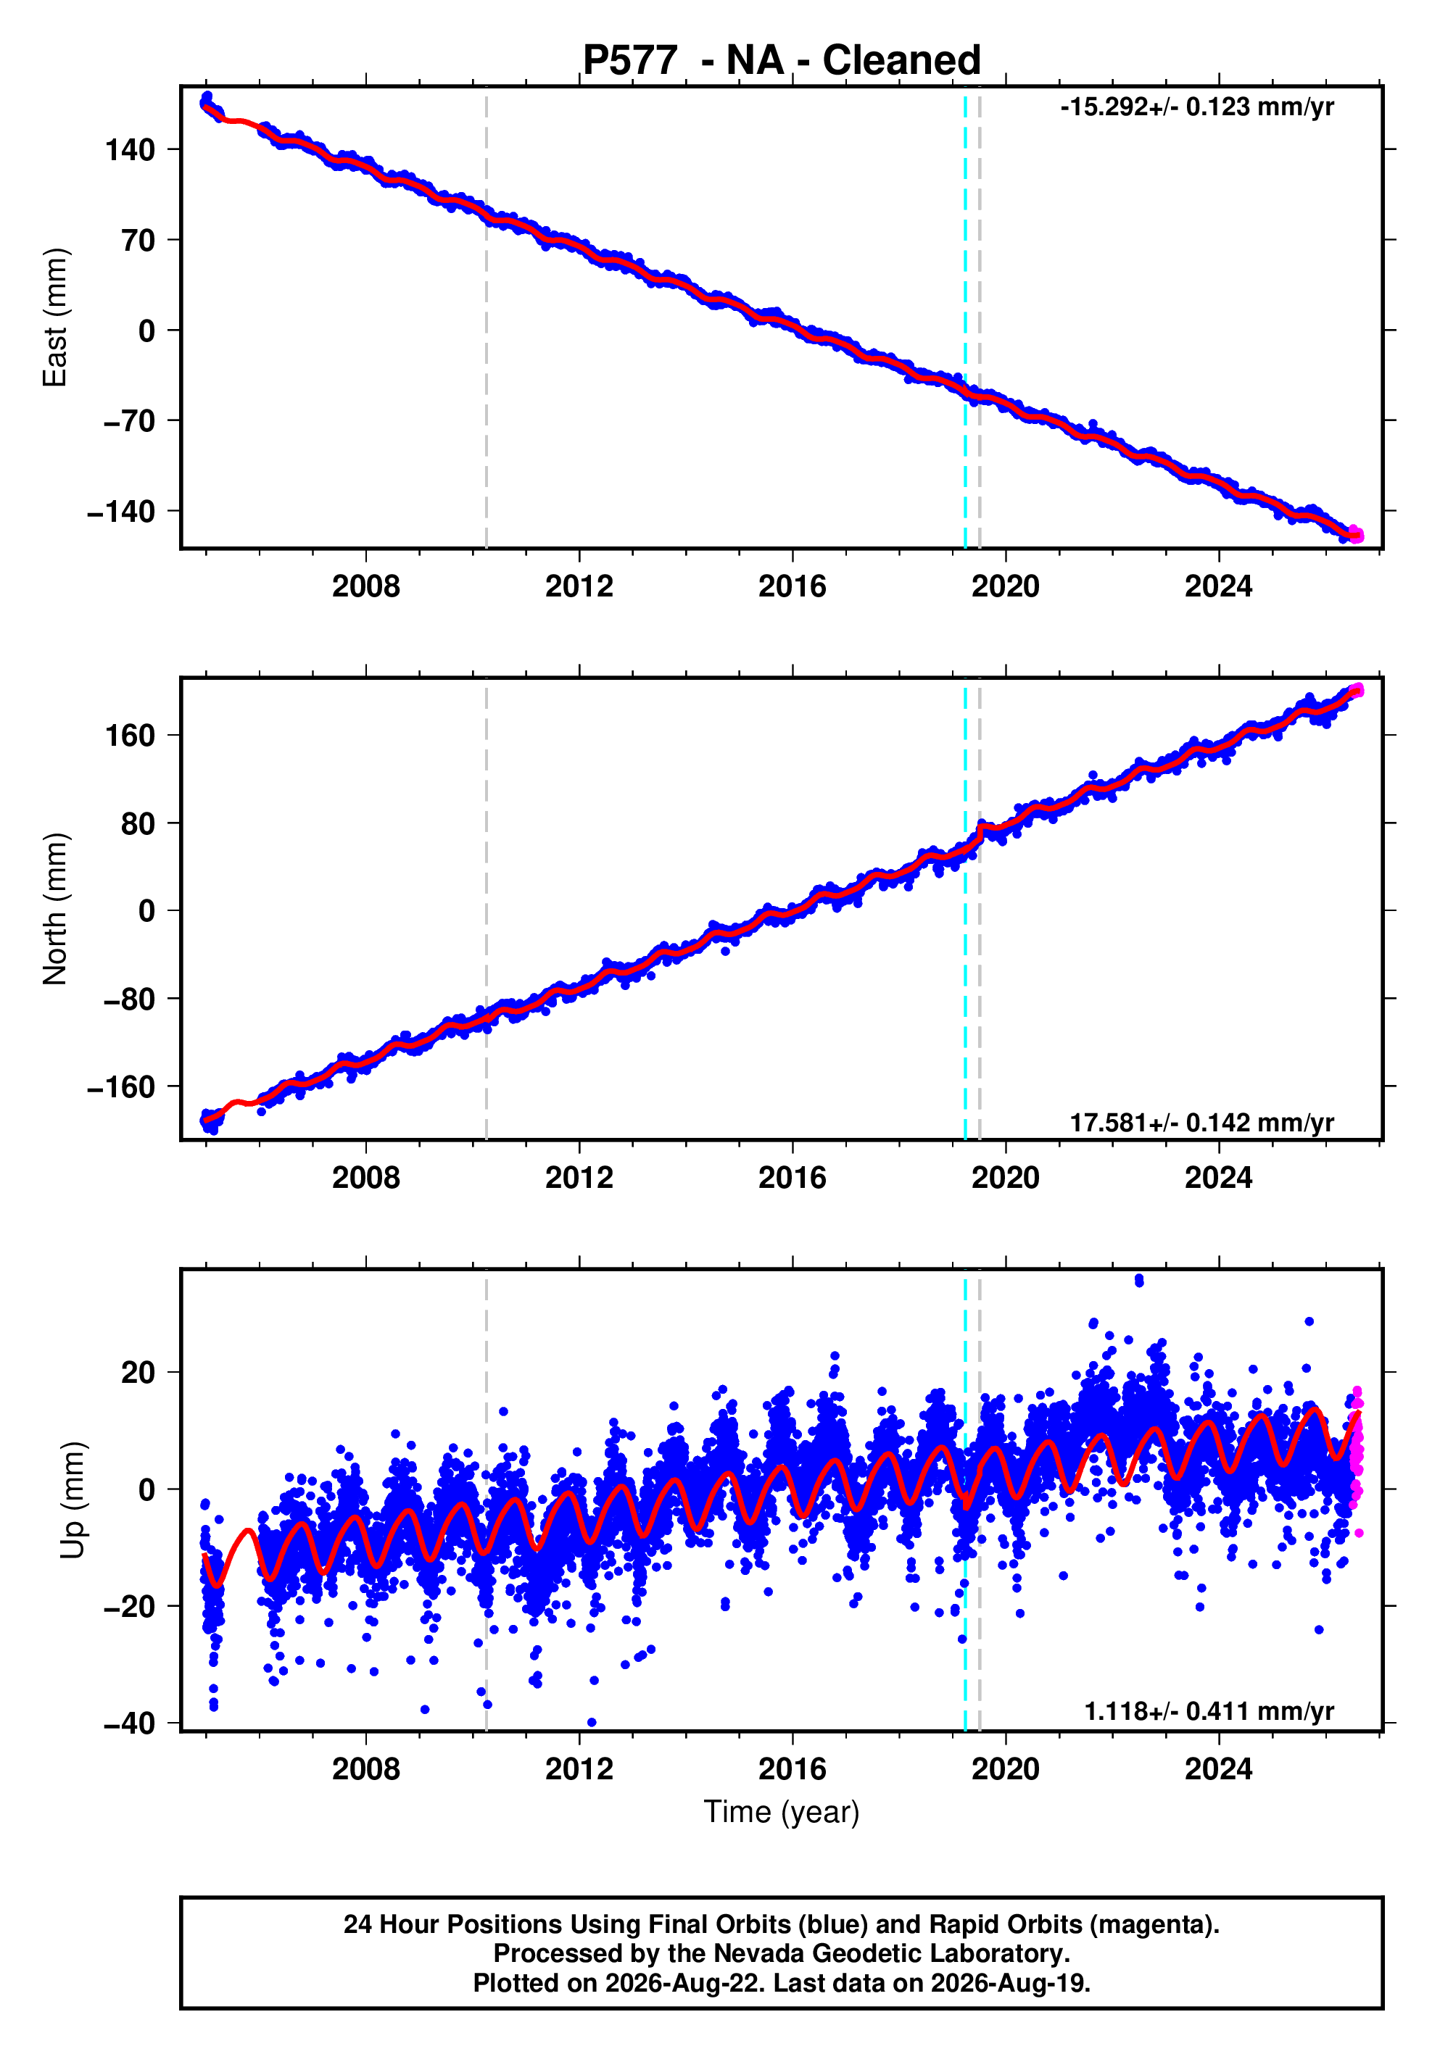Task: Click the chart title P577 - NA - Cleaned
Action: (782, 60)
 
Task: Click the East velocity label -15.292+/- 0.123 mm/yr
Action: (1196, 107)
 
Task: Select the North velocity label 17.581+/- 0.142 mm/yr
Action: (1202, 1123)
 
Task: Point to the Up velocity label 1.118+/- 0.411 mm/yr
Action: (1209, 1711)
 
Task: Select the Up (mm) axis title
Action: (73, 1500)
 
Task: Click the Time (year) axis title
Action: (782, 1813)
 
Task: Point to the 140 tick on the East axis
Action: (131, 150)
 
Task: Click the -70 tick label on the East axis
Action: (130, 420)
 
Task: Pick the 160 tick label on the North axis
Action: (131, 736)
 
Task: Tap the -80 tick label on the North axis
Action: (130, 999)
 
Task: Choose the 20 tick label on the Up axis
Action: (138, 1372)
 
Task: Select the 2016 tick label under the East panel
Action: (792, 587)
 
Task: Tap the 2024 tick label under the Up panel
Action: (1219, 1769)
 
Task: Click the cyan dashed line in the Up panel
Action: (965, 1500)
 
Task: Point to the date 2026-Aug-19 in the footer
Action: (1009, 1983)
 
